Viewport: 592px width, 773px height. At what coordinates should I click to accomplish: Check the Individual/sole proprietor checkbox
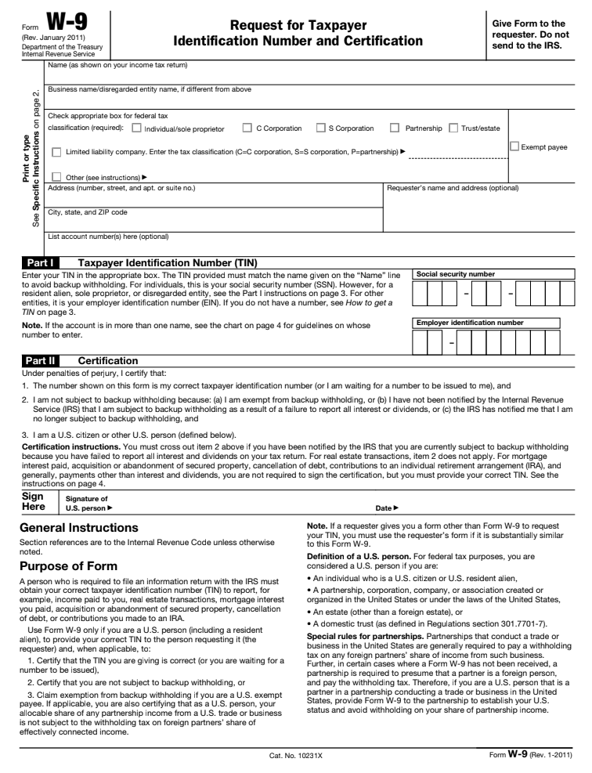tap(137, 128)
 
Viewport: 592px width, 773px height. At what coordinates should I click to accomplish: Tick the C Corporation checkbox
tap(247, 128)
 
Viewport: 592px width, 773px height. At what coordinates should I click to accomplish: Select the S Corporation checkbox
tap(320, 128)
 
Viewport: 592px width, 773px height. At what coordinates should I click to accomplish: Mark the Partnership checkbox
tap(395, 128)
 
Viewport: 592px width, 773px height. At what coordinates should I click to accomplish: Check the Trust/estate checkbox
tap(454, 128)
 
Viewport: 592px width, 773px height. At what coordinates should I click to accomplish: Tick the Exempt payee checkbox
tap(514, 146)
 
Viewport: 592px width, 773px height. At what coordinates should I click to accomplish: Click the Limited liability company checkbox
tap(56, 152)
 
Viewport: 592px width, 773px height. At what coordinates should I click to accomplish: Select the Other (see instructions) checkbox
tap(56, 177)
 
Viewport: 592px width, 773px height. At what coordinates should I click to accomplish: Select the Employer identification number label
tap(470, 322)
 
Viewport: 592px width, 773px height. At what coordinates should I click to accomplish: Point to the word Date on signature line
tap(382, 508)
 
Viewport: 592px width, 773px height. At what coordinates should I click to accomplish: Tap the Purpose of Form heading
tap(70, 565)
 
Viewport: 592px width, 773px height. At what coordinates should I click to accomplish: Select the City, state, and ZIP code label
tap(88, 211)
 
